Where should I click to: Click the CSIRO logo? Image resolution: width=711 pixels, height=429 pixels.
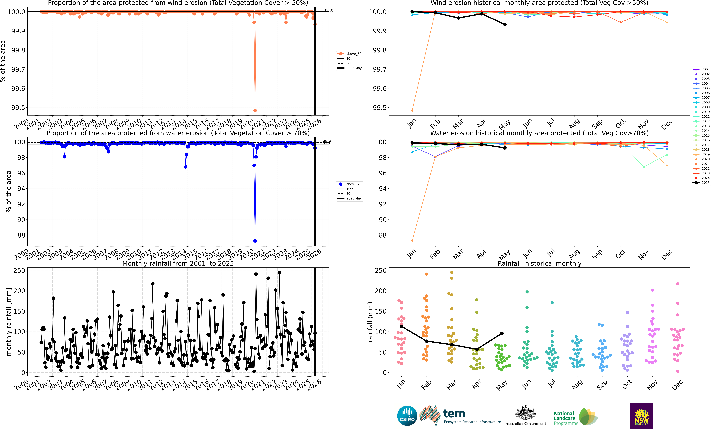tap(407, 416)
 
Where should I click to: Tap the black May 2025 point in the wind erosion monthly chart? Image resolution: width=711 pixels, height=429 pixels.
tap(505, 25)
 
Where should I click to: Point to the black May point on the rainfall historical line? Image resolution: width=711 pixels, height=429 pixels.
tap(502, 333)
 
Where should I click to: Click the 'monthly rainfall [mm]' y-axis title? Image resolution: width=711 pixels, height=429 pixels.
tap(9, 322)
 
